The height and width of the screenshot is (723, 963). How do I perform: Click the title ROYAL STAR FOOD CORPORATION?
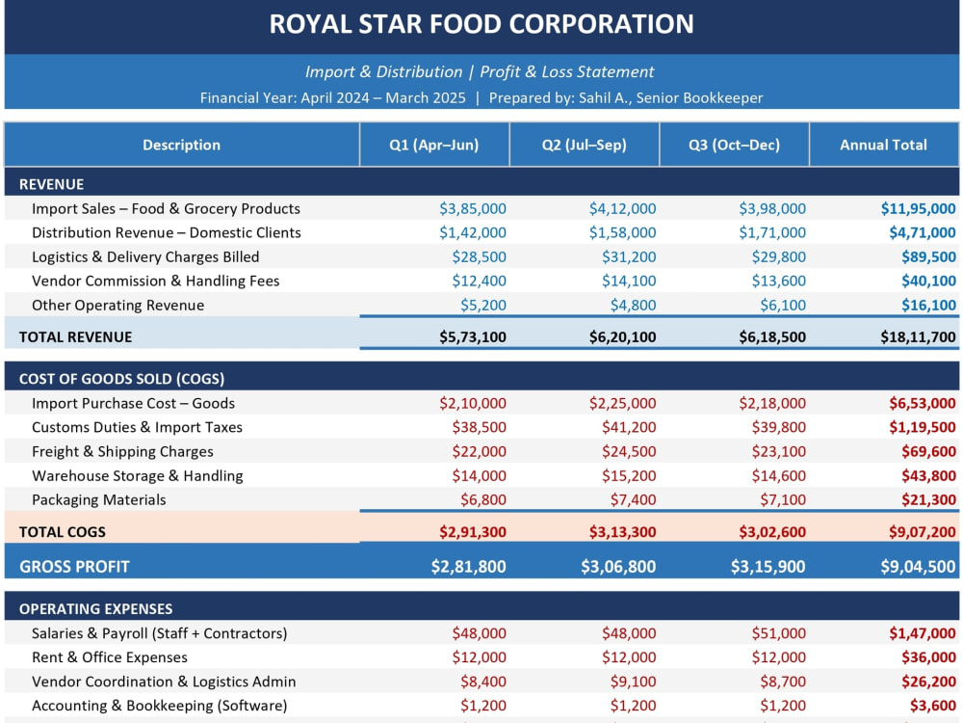coord(481,25)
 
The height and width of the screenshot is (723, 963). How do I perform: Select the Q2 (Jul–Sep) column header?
coord(585,146)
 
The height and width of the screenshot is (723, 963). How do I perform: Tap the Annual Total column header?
coord(883,146)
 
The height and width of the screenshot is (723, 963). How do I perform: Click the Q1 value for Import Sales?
coord(472,209)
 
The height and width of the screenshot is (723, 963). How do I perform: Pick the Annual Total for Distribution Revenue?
coord(923,233)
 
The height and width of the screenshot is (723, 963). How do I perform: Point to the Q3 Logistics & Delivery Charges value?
coord(779,257)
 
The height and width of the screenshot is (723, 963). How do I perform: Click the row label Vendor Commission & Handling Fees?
coord(155,281)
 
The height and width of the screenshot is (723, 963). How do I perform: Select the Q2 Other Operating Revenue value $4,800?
coord(634,306)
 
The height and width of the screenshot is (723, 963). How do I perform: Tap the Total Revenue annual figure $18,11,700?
coord(918,336)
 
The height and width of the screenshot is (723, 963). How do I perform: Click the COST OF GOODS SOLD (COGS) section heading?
coord(121,379)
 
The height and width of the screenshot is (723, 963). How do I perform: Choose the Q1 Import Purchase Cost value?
coord(472,403)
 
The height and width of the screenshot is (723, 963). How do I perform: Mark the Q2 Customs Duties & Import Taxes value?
coord(629,427)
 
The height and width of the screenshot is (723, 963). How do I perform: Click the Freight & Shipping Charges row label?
coord(123,452)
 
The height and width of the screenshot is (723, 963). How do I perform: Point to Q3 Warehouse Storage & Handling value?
coord(779,476)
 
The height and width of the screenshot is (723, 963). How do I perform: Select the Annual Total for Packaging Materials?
coord(928,499)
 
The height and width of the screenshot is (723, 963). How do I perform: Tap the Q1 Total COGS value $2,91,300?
coord(472,532)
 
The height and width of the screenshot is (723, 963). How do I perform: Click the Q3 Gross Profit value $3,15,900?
coord(768,567)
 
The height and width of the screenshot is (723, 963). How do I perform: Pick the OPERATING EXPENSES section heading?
coord(95,609)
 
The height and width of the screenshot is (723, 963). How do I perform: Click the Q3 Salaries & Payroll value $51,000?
coord(779,633)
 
